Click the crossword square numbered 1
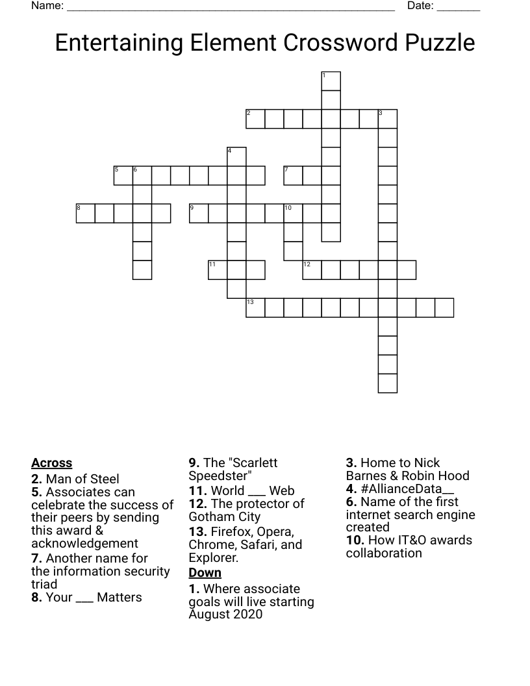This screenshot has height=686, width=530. pyautogui.click(x=331, y=81)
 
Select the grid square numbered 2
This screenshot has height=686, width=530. pyautogui.click(x=255, y=119)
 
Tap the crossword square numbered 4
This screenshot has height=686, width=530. pyautogui.click(x=236, y=157)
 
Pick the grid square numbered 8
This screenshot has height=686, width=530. pyautogui.click(x=86, y=213)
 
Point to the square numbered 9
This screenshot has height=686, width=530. pyautogui.click(x=199, y=213)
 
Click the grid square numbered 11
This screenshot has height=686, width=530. pyautogui.click(x=218, y=270)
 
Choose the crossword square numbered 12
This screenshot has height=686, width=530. pyautogui.click(x=312, y=270)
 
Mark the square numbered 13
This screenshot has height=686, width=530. pyautogui.click(x=255, y=307)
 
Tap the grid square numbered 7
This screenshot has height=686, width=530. pyautogui.click(x=293, y=175)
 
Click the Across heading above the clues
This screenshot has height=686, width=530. pyautogui.click(x=51, y=463)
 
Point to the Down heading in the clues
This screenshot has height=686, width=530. pyautogui.click(x=205, y=573)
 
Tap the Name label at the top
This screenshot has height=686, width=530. pyautogui.click(x=47, y=6)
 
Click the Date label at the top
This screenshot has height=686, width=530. pyautogui.click(x=420, y=6)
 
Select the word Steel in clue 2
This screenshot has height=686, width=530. pyautogui.click(x=105, y=479)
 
